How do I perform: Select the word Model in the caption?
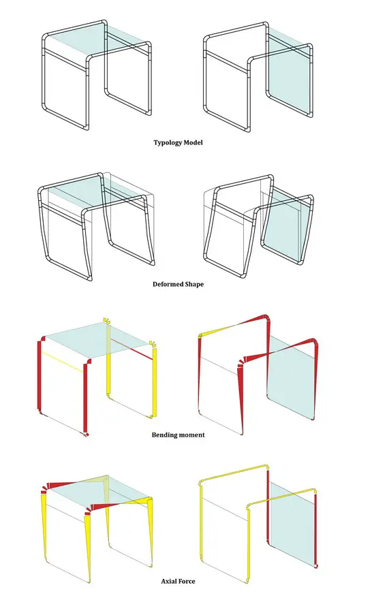pos(194,142)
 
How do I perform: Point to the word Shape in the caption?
pos(194,284)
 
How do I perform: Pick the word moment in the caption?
pos(192,435)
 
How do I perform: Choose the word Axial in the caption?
pos(169,582)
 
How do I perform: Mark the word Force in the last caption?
pos(187,582)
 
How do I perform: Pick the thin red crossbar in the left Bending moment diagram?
pos(131,349)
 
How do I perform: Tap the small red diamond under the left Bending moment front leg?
pos(87,434)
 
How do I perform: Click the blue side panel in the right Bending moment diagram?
pos(291,378)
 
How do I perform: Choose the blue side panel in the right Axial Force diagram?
pos(292,524)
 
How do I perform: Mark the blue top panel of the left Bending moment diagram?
pos(97,339)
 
